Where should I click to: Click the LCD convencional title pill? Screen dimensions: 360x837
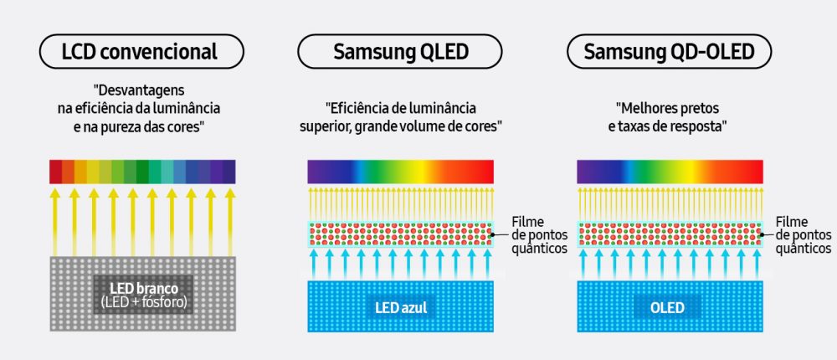coord(140,52)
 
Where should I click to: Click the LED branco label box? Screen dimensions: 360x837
coord(141,295)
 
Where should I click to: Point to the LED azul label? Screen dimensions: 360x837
coord(401,307)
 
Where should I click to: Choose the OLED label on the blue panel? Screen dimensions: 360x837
coord(670,307)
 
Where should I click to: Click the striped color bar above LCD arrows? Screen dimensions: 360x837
coord(142,171)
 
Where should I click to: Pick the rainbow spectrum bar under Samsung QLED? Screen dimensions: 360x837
coord(401,171)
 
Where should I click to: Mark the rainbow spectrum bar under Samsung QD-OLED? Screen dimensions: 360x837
coord(670,171)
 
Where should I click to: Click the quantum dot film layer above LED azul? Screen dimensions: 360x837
coord(401,234)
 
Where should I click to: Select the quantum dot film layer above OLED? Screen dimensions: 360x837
coord(670,234)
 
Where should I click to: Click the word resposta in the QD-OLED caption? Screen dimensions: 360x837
coord(700,126)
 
